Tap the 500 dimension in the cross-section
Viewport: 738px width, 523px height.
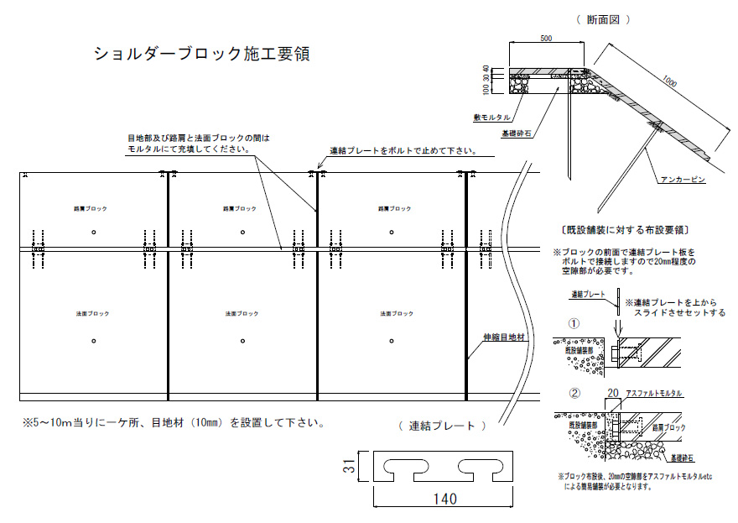pos(546,39)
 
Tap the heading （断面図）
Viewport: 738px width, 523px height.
pos(603,18)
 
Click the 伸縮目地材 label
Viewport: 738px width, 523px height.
pos(502,337)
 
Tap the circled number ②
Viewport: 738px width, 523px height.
pos(574,392)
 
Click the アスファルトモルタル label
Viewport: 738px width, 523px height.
pos(655,393)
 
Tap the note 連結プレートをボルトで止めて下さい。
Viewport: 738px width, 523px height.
pos(403,152)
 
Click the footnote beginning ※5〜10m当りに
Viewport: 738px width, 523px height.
pos(173,422)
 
